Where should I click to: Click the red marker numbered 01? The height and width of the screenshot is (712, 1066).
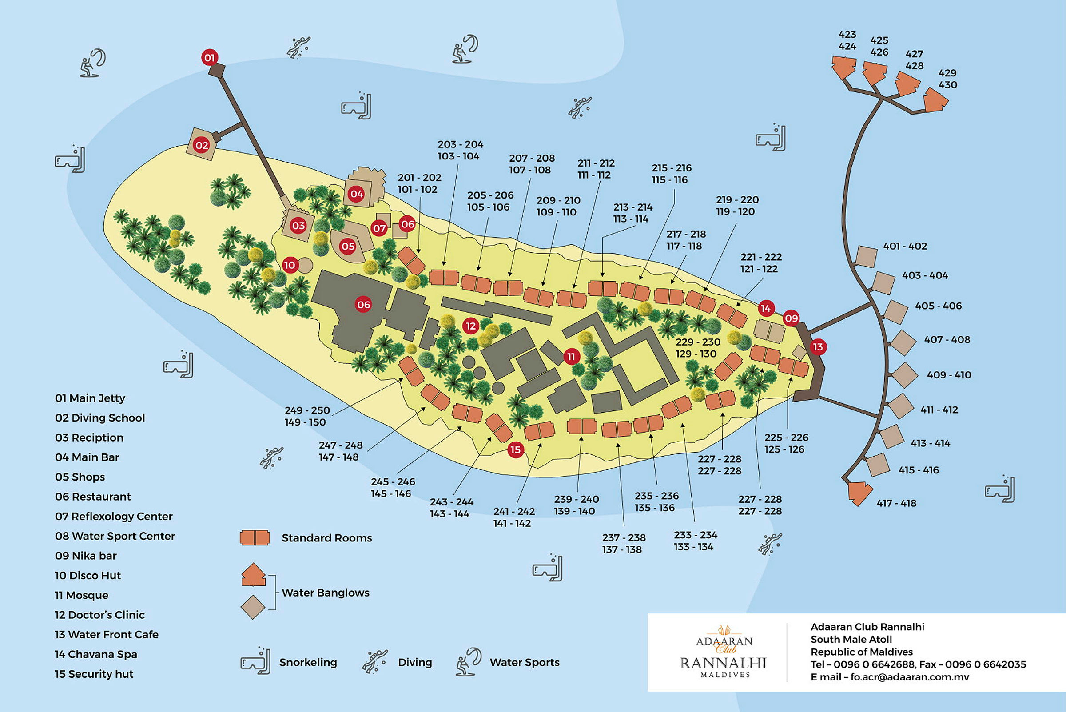[x=209, y=58]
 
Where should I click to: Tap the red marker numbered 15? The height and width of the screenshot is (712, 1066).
[x=515, y=449]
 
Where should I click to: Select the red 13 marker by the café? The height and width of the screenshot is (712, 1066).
[x=818, y=347]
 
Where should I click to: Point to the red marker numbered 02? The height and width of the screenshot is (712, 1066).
[x=202, y=145]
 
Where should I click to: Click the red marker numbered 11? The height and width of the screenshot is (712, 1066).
[x=571, y=357]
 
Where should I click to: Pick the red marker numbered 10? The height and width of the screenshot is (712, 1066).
[x=290, y=265]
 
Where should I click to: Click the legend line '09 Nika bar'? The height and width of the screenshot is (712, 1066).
[x=86, y=555]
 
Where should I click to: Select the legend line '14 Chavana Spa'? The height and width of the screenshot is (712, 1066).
[x=96, y=654]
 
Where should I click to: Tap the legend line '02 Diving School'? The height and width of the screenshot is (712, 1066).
[x=100, y=418]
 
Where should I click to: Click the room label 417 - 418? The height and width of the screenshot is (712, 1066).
[x=896, y=503]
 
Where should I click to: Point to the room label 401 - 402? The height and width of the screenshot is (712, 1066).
[x=905, y=246]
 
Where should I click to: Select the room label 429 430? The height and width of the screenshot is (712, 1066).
[x=947, y=79]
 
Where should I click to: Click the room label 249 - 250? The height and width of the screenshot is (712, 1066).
[x=307, y=410]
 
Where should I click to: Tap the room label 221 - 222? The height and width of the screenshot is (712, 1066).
[x=761, y=257]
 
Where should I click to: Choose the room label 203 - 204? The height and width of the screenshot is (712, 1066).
[x=460, y=144]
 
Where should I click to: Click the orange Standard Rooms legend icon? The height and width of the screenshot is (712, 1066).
[x=255, y=537]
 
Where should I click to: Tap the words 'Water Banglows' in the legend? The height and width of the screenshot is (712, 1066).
[x=326, y=593]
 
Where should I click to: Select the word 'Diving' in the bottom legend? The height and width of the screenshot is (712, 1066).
[x=415, y=662]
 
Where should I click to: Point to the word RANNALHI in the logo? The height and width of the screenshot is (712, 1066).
[x=723, y=663]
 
